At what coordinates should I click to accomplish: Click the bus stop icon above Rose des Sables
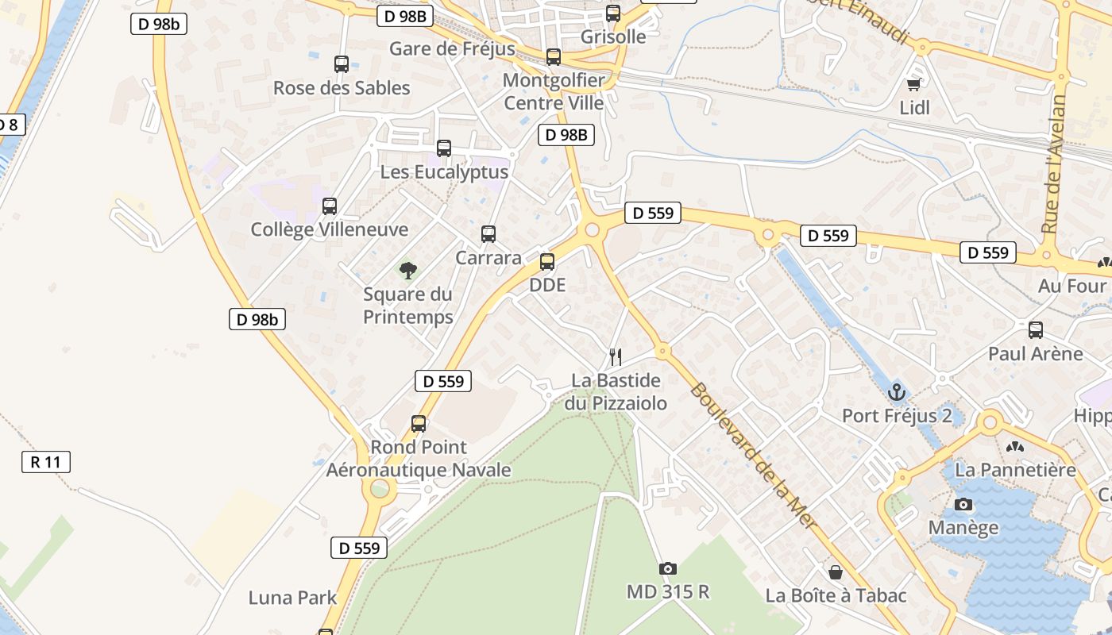(x=342, y=64)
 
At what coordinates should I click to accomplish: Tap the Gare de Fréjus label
(x=452, y=49)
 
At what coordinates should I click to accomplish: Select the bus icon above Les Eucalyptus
(x=444, y=148)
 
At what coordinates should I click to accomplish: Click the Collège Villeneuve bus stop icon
(x=330, y=206)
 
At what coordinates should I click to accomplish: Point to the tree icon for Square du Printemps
(x=408, y=271)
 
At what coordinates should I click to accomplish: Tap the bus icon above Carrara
(x=488, y=234)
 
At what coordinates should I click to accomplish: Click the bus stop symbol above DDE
(x=547, y=261)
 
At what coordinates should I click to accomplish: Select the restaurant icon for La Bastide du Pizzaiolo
(x=616, y=357)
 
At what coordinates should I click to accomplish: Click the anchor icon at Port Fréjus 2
(x=897, y=392)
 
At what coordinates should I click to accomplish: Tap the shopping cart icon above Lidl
(x=914, y=84)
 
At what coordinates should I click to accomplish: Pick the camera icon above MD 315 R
(x=668, y=568)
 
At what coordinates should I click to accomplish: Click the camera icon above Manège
(x=963, y=504)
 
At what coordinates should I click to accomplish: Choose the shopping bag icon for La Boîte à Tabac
(x=836, y=572)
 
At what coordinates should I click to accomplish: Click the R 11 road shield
(x=45, y=462)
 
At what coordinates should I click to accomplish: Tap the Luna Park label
(x=293, y=598)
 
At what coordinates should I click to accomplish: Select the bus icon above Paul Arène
(x=1036, y=330)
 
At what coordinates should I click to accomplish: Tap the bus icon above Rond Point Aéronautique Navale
(x=419, y=424)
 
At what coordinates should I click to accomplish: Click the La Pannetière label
(x=1015, y=469)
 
